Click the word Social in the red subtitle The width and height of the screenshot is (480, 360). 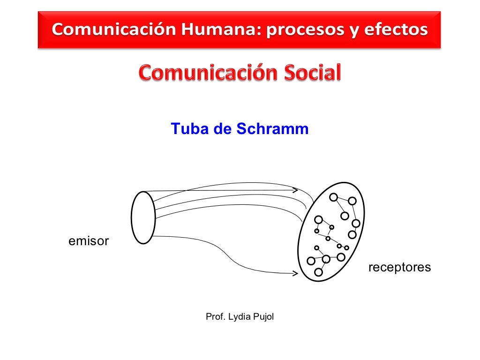309,74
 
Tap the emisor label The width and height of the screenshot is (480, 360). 89,242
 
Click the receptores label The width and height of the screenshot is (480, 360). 399,268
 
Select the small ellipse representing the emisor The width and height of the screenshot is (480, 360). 143,217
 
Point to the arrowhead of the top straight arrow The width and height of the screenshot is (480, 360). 296,190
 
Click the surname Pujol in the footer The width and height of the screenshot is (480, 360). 262,317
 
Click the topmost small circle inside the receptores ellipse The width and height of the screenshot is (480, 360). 333,197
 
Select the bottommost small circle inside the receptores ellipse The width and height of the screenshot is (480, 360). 319,272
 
